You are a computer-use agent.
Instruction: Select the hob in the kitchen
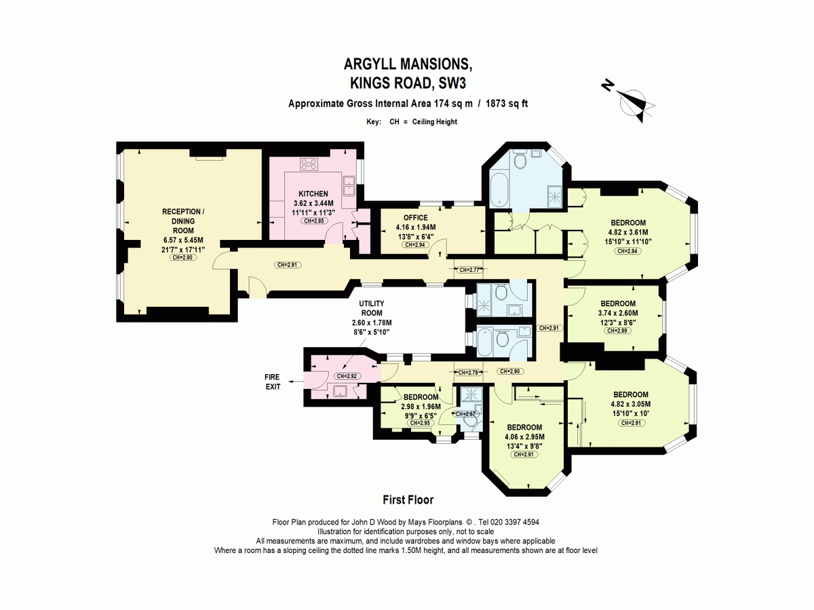[309, 164]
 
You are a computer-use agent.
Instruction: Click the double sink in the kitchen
[351, 184]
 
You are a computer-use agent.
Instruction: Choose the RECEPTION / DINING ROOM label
[183, 221]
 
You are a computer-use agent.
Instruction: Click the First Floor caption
[408, 500]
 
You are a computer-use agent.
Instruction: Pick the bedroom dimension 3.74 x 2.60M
[618, 313]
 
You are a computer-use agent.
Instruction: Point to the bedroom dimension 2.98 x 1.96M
[420, 406]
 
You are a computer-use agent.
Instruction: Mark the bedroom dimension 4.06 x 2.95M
[525, 436]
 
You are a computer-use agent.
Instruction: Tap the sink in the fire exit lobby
[340, 390]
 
